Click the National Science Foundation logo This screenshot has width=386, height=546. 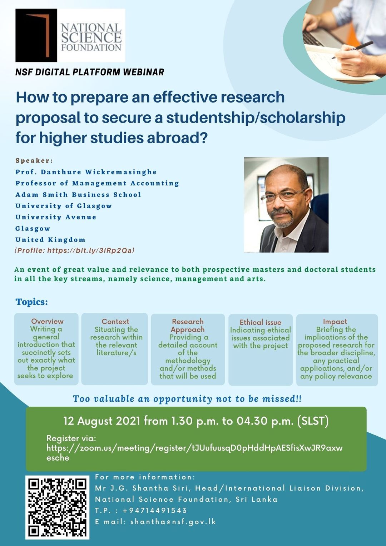pyautogui.click(x=70, y=35)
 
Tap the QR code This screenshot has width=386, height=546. pyautogui.click(x=57, y=507)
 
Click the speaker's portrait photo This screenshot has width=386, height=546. pyautogui.click(x=286, y=205)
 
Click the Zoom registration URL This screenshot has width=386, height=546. pyautogui.click(x=194, y=448)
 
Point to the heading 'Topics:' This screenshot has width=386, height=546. pyautogui.click(x=31, y=302)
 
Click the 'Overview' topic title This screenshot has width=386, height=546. pyautogui.click(x=47, y=321)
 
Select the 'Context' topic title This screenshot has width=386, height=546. pyautogui.click(x=115, y=322)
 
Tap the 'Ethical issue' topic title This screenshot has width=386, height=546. pyautogui.click(x=260, y=322)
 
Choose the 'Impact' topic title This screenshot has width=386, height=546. pyautogui.click(x=335, y=322)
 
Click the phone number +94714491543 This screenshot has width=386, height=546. pyautogui.click(x=154, y=510)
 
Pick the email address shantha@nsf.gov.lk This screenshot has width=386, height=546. pyautogui.click(x=173, y=522)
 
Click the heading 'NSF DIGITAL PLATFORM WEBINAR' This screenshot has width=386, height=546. pyautogui.click(x=90, y=72)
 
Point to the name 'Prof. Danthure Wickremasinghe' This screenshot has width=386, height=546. pyautogui.click(x=86, y=172)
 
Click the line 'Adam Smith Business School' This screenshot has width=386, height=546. pyautogui.click(x=78, y=195)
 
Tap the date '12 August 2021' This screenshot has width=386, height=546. pyautogui.click(x=102, y=421)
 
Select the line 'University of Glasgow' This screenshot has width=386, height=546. pyautogui.click(x=64, y=206)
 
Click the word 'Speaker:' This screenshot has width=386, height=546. pyautogui.click(x=34, y=160)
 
